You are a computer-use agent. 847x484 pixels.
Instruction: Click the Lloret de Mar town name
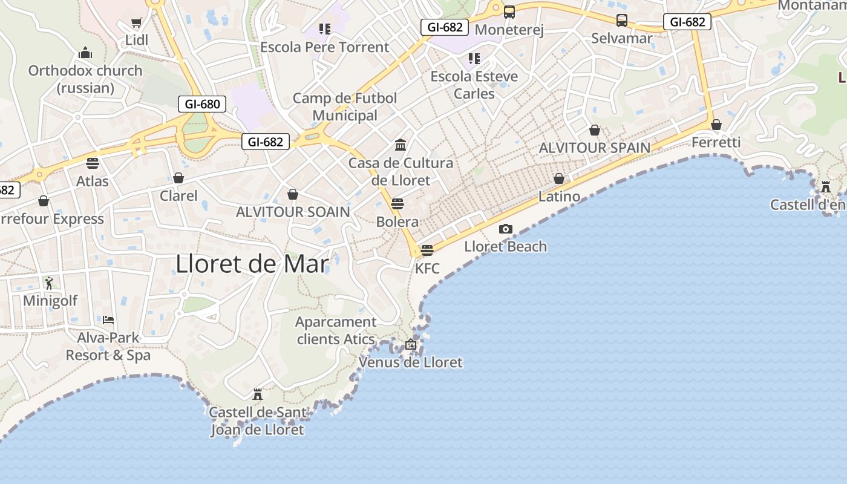click(252, 264)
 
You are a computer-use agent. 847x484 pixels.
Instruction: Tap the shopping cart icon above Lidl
click(137, 23)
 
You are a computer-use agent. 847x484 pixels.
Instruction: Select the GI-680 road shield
click(202, 104)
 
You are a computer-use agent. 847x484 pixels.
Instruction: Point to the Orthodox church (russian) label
click(85, 79)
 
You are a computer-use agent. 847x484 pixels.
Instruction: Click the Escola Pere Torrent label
click(324, 47)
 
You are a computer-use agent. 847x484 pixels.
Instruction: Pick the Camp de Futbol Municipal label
click(345, 106)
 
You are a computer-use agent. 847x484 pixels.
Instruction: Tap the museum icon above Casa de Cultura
click(401, 145)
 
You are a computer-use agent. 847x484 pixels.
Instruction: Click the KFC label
click(427, 268)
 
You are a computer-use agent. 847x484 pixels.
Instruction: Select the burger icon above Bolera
click(397, 203)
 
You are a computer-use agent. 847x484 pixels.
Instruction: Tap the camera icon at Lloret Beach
click(506, 229)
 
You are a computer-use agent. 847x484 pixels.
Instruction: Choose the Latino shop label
click(559, 197)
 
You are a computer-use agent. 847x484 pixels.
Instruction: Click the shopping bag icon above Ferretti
click(716, 125)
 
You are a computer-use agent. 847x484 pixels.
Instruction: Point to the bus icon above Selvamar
click(622, 21)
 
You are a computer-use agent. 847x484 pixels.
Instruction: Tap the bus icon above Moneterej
click(509, 11)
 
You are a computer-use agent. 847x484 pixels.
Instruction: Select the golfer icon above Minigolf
click(50, 283)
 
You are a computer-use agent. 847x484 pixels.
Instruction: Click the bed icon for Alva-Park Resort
click(108, 319)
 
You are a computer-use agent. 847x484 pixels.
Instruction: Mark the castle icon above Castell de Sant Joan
click(258, 394)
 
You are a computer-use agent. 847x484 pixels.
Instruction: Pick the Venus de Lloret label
click(411, 362)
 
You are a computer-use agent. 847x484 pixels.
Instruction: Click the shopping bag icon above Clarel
click(178, 178)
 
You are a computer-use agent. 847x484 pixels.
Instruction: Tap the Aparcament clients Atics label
click(336, 330)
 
